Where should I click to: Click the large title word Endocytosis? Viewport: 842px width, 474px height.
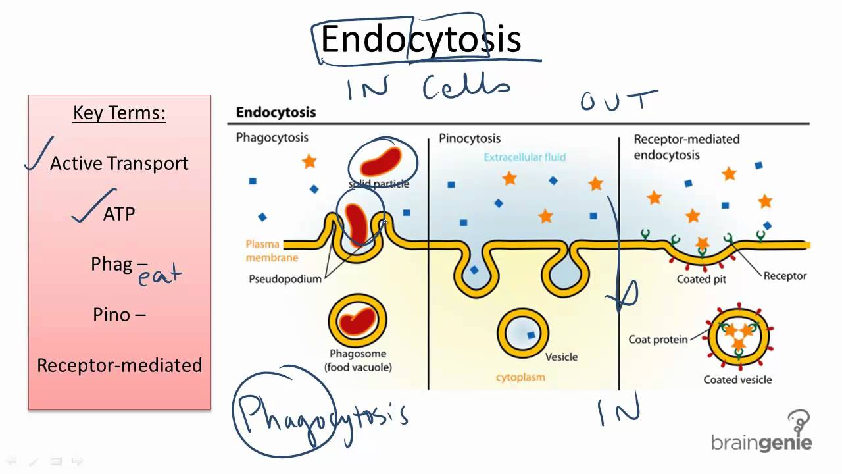(x=421, y=39)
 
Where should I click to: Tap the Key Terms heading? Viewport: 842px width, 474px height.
(x=119, y=113)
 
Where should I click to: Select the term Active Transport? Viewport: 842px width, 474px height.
(x=119, y=163)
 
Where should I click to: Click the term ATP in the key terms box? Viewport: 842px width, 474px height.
(x=119, y=214)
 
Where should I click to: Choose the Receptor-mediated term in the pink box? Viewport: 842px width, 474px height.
(x=119, y=365)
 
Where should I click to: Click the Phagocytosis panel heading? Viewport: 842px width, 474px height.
(x=272, y=138)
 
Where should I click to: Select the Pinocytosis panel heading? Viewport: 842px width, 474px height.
(x=470, y=138)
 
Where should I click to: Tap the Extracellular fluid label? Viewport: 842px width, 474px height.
(x=524, y=157)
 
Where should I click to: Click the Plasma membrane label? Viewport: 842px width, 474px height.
(x=272, y=251)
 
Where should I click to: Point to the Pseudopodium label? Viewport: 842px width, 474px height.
(x=285, y=278)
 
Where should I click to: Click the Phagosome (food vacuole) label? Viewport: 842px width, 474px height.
(x=358, y=360)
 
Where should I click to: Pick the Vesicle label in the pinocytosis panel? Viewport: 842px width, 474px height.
(x=561, y=357)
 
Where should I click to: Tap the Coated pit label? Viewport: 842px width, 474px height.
(x=702, y=279)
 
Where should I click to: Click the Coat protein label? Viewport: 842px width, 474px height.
(x=658, y=340)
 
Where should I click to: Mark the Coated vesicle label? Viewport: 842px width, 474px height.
(x=737, y=379)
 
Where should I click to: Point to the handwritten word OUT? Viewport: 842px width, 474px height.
(x=618, y=101)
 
